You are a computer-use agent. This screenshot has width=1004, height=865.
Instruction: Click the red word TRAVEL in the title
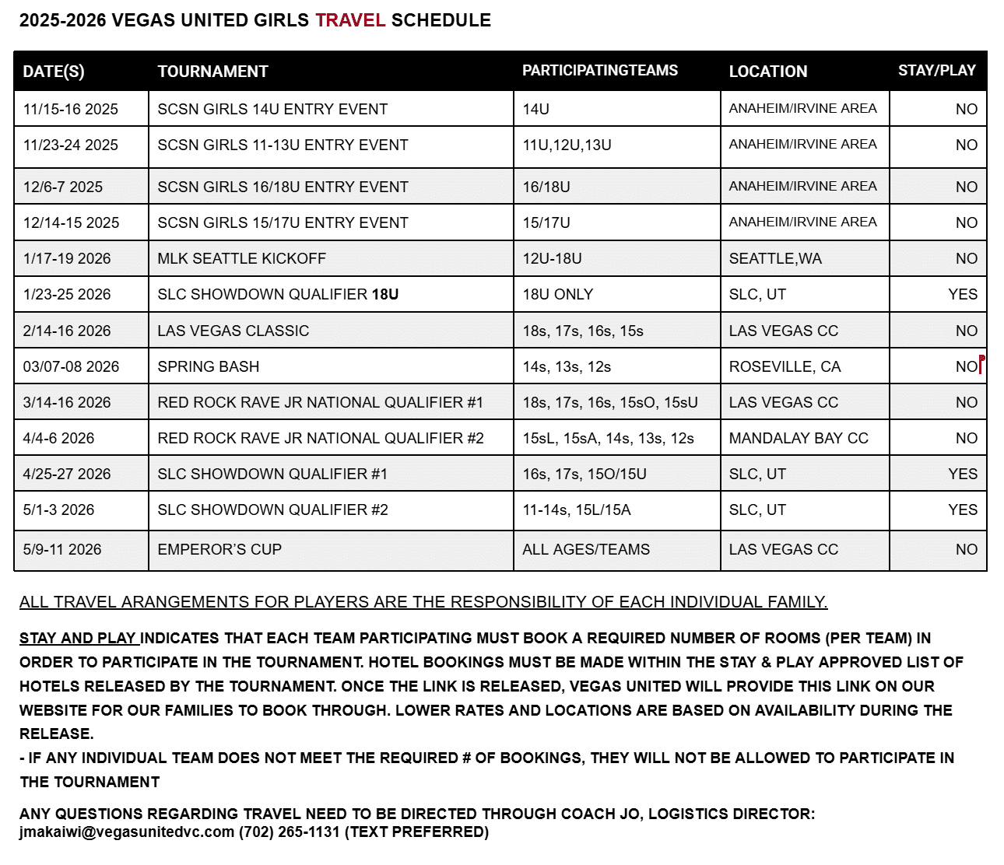[x=350, y=20]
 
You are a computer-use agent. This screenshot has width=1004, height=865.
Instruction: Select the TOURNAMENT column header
[x=212, y=72]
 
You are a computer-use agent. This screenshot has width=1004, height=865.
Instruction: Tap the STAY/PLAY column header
[x=936, y=71]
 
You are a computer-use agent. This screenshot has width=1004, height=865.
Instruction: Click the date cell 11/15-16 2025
[x=71, y=109]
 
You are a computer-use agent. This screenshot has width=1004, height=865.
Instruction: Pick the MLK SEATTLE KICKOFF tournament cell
[x=241, y=258]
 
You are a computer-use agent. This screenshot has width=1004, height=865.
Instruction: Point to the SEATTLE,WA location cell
[x=775, y=258]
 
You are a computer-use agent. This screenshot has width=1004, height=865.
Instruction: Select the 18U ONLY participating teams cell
[x=557, y=294]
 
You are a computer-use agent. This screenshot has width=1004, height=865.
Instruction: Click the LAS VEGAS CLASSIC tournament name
[x=233, y=331]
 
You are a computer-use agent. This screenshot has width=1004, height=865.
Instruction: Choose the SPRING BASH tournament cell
[x=208, y=366]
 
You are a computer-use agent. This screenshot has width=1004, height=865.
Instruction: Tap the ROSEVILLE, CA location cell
[x=785, y=366]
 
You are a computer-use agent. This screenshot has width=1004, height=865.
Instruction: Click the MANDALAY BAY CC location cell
[x=799, y=438]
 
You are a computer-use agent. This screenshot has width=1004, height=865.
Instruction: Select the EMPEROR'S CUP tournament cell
[x=219, y=549]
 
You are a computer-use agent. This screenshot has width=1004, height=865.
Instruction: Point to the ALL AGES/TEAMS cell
[x=586, y=549]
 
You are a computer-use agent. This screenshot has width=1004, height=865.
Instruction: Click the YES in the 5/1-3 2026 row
[x=963, y=510]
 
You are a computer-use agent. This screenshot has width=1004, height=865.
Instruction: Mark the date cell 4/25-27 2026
[x=67, y=474]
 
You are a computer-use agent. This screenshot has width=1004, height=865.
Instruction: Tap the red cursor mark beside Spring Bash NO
[x=981, y=363]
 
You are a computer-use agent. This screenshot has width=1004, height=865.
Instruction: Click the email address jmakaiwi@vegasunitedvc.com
[x=127, y=832]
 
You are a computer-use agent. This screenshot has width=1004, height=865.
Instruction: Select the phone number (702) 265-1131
[x=289, y=832]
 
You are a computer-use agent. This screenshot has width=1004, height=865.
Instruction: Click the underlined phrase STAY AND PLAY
[x=78, y=639]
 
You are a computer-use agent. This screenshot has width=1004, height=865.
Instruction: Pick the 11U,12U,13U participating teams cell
[x=567, y=145]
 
